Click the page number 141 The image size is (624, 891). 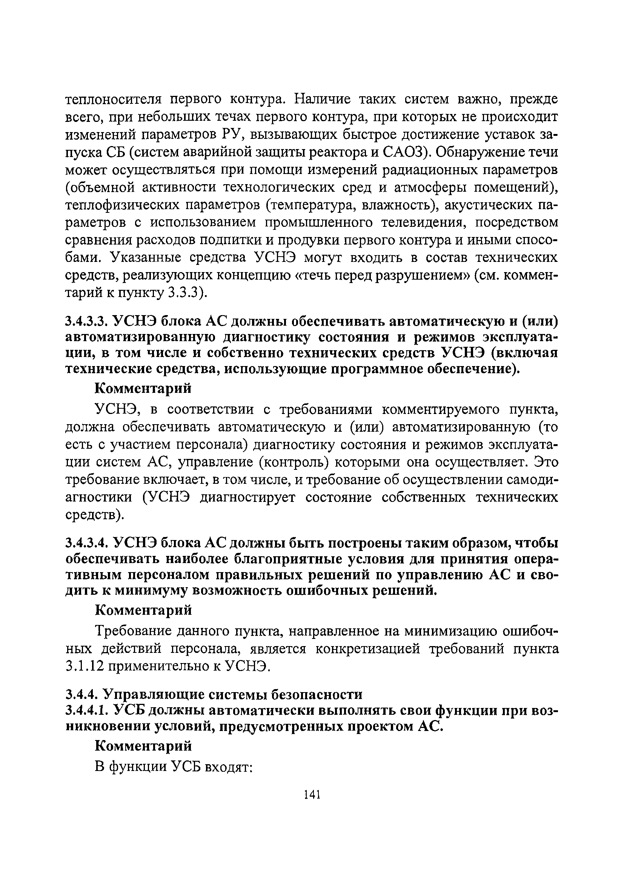(312, 794)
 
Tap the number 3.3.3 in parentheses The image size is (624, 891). (181, 292)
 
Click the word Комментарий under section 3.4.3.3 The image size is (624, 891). (144, 388)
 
